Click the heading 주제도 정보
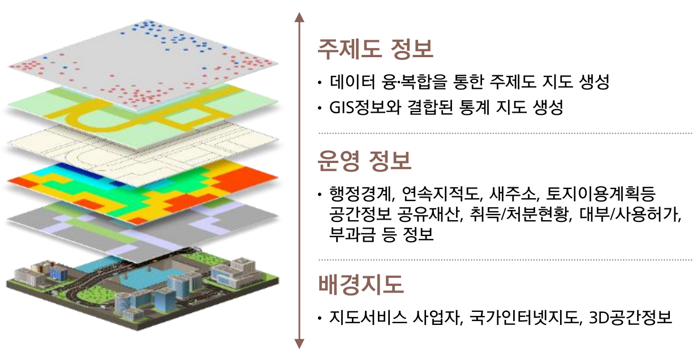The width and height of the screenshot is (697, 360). click(375, 49)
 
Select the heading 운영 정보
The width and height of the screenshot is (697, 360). click(364, 161)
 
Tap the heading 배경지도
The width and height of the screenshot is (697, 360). click(360, 284)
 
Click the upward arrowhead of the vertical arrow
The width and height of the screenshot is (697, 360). click(299, 18)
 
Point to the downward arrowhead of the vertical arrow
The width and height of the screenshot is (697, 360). click(299, 344)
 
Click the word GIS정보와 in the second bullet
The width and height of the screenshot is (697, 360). click(365, 108)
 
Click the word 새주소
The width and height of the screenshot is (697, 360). click(515, 194)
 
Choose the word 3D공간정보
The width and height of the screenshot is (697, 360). click(631, 318)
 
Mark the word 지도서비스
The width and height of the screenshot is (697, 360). click(368, 318)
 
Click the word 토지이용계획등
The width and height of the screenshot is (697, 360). click(601, 194)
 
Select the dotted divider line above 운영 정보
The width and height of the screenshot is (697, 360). click(505, 133)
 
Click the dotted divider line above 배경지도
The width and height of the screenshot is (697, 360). click(505, 259)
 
